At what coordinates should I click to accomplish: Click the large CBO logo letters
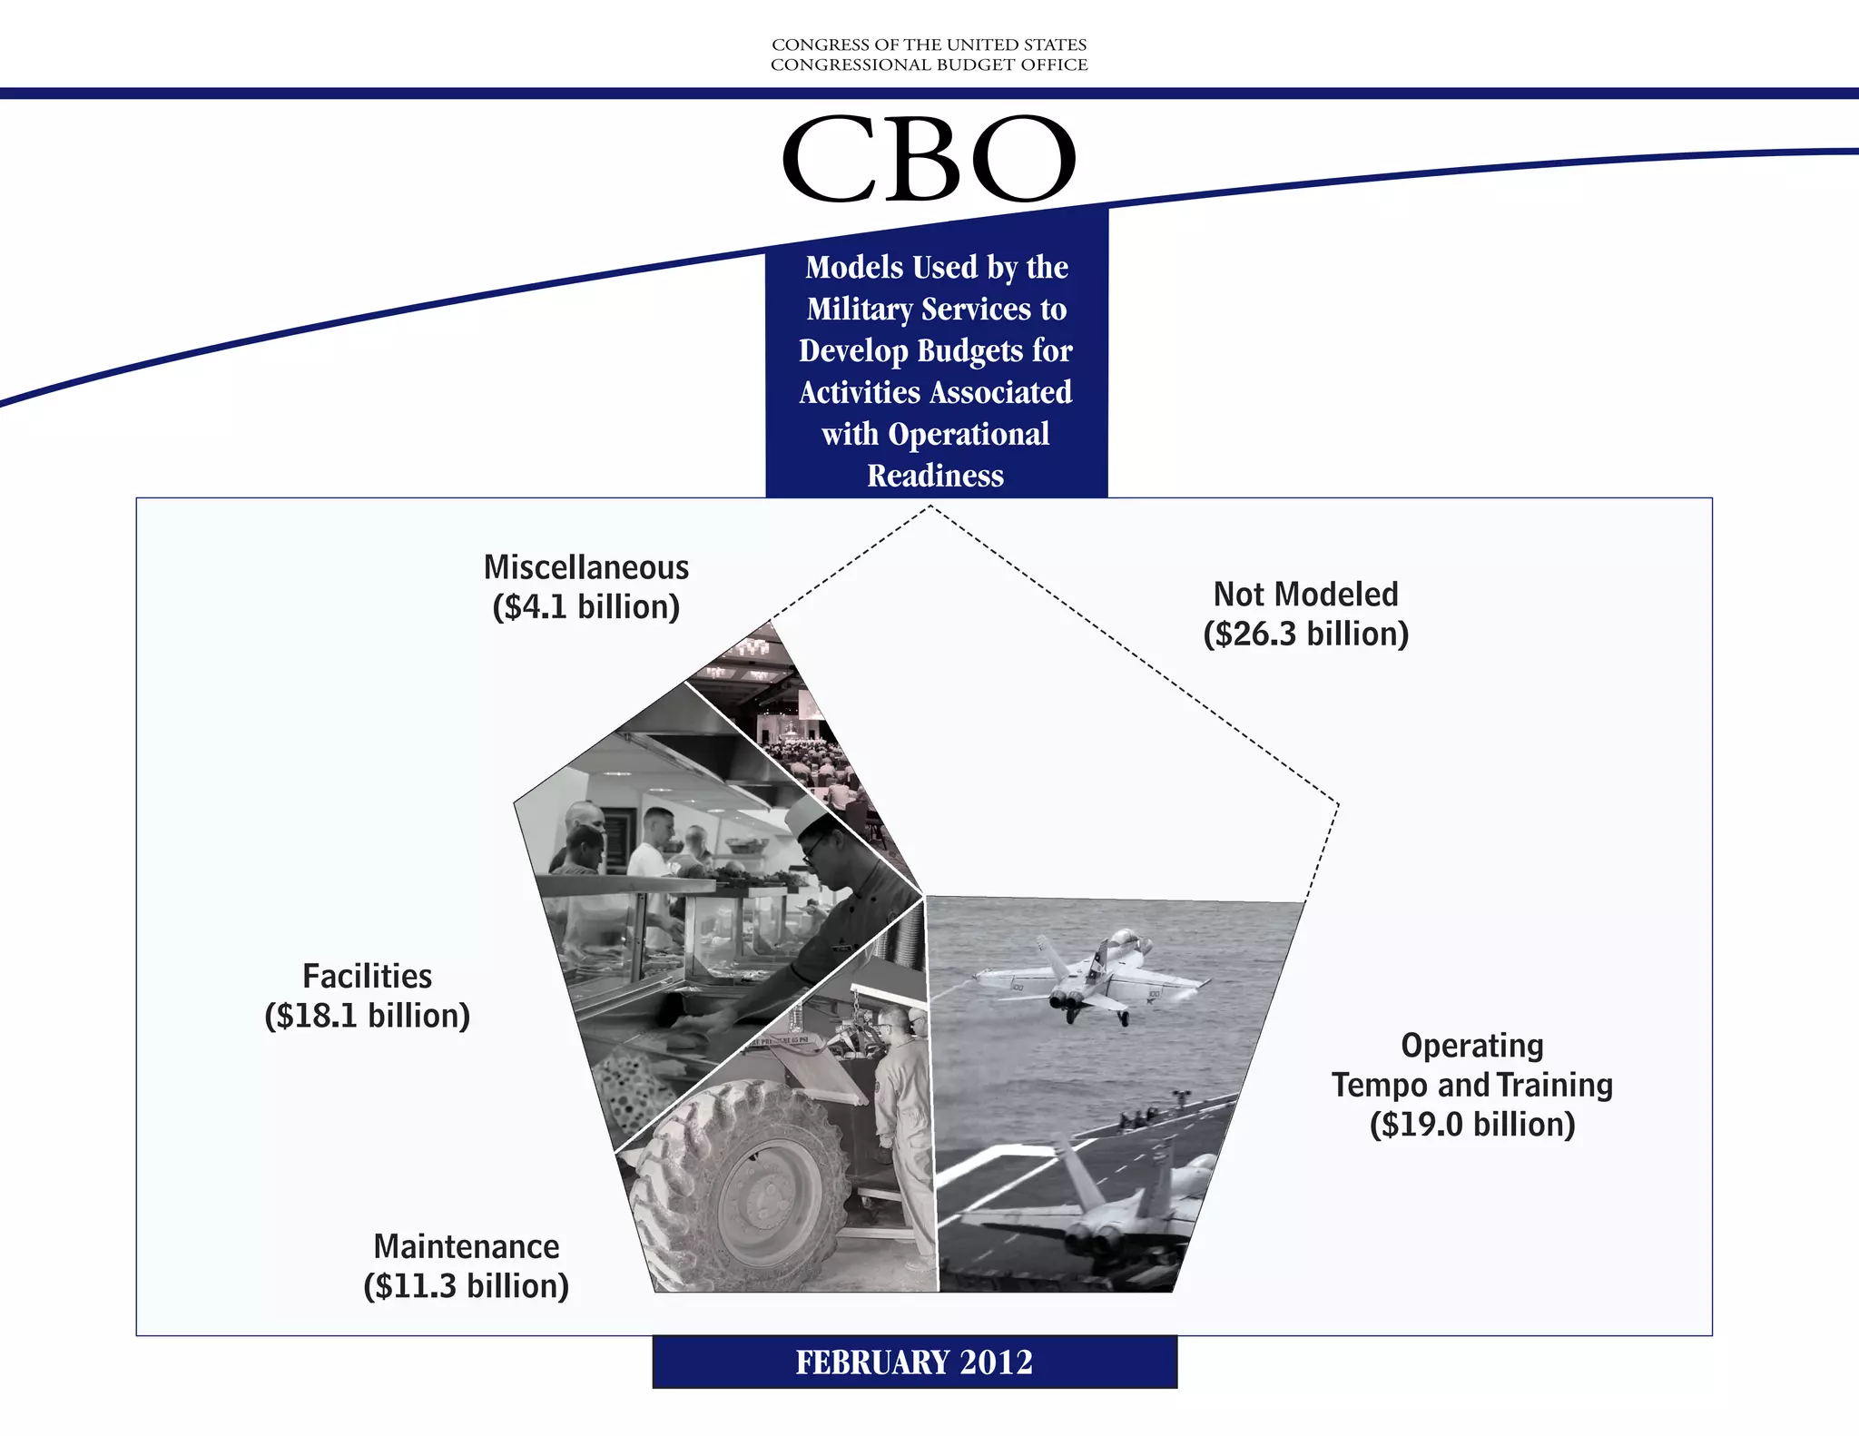pos(929,160)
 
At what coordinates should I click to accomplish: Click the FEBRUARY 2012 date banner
pos(914,1362)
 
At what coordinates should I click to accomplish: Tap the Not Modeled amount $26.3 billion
pos(1305,634)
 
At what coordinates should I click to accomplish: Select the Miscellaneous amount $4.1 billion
pos(585,607)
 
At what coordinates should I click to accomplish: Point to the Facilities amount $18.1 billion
pos(367,1016)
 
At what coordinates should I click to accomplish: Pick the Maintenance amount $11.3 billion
pos(466,1286)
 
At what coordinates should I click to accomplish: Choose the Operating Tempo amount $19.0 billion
pos(1471,1125)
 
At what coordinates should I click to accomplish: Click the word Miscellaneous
pos(585,567)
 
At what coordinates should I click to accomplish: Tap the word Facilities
pos(367,977)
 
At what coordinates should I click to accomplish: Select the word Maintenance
pos(466,1247)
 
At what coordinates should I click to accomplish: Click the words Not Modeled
pos(1305,595)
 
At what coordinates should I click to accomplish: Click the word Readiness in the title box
pos(935,476)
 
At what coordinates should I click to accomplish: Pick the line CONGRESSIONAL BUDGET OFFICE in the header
pos(929,65)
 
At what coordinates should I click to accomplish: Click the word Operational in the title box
pos(969,434)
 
